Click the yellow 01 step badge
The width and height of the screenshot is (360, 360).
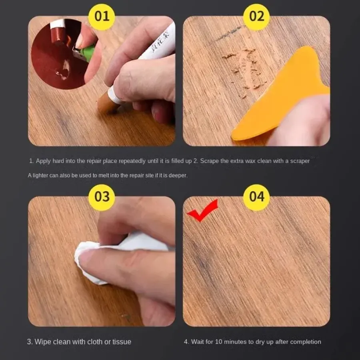pyautogui.click(x=102, y=16)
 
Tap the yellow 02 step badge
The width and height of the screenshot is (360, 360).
pyautogui.click(x=256, y=16)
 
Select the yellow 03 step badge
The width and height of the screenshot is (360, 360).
pyautogui.click(x=102, y=197)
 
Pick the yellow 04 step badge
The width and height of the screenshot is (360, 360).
pyautogui.click(x=256, y=197)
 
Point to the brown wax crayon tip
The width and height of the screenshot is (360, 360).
pyautogui.click(x=106, y=104)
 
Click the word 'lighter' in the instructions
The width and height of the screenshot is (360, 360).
pyautogui.click(x=40, y=176)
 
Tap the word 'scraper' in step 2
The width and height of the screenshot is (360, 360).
pyautogui.click(x=300, y=161)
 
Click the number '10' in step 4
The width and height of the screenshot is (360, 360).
pyautogui.click(x=218, y=342)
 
